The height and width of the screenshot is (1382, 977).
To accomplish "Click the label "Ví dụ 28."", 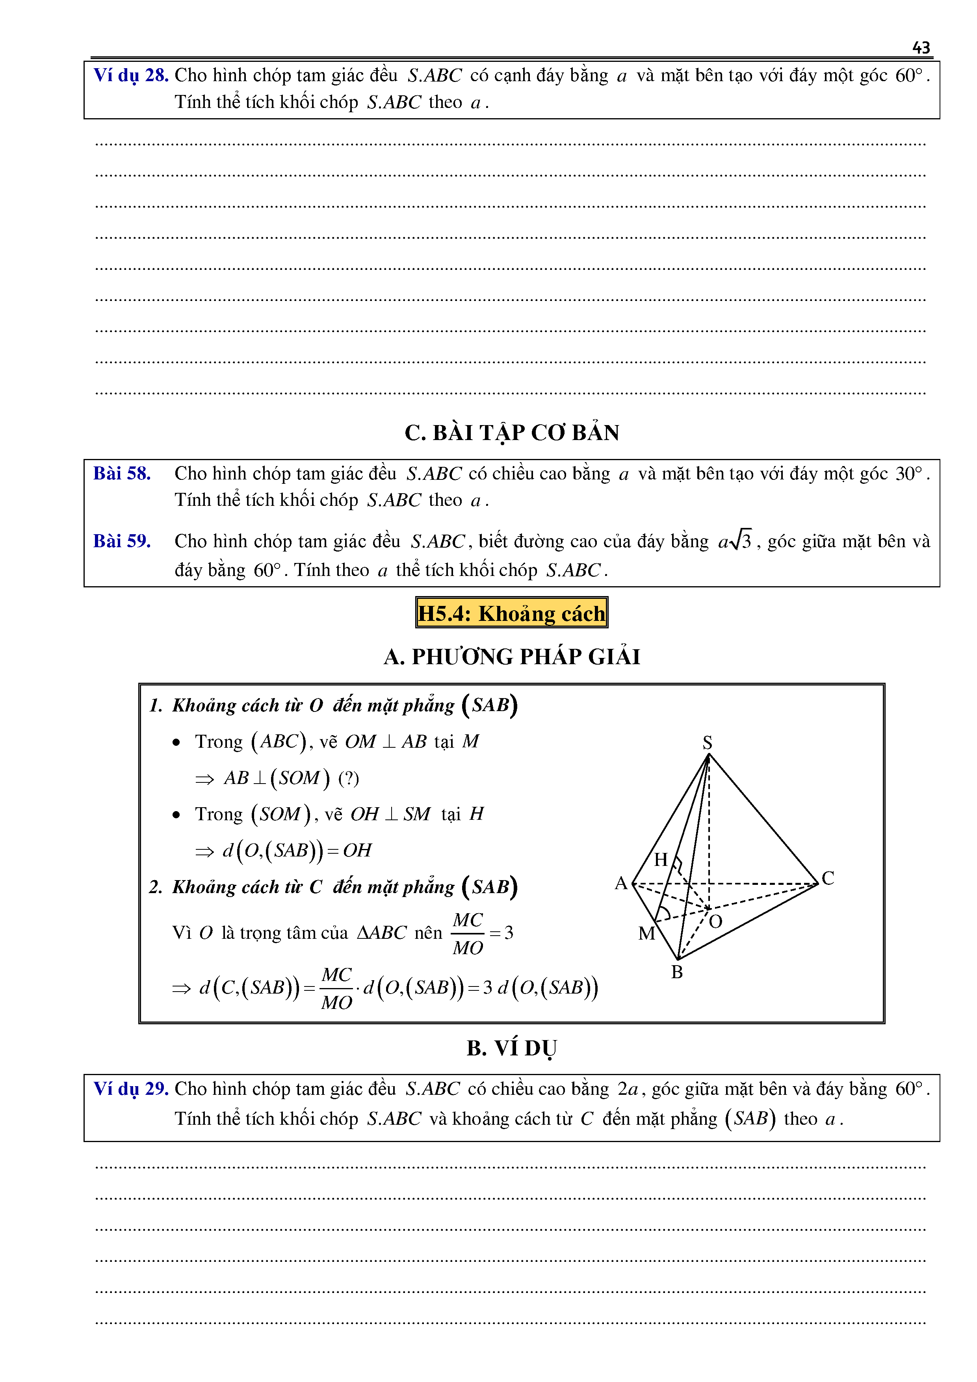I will [x=131, y=75].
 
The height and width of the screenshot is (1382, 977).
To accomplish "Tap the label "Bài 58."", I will [x=122, y=474].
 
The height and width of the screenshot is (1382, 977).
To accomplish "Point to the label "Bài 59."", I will [x=122, y=541].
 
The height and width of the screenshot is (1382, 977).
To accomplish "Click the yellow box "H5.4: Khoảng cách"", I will [x=512, y=613].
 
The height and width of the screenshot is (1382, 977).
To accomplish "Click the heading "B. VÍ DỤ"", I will [x=512, y=1048].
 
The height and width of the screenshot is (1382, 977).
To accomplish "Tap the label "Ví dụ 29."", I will [x=131, y=1089].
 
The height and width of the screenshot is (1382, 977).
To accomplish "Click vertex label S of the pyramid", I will [x=707, y=742].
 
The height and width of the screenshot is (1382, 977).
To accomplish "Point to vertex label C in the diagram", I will [x=828, y=878].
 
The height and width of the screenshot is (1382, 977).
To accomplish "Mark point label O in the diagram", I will [x=715, y=921].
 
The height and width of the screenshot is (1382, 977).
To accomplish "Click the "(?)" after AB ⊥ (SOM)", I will [x=349, y=778].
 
